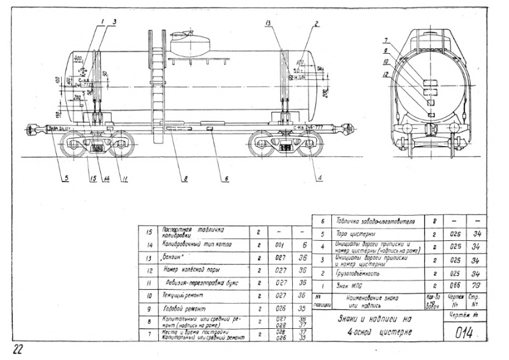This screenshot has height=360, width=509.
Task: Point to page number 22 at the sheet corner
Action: [18, 349]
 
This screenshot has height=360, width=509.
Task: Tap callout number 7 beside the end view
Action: [386, 40]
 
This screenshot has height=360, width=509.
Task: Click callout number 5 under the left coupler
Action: [65, 180]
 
